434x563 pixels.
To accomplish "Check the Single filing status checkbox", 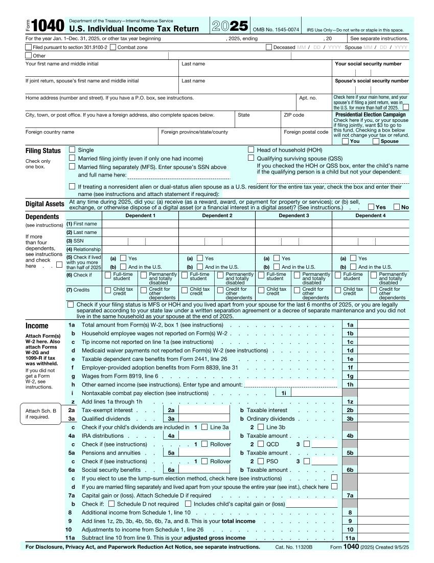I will click(72, 150).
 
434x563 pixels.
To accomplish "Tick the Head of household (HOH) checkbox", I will click(251, 150).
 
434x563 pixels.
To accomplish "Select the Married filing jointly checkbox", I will click(72, 159).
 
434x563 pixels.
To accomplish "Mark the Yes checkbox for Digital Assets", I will click(371, 207).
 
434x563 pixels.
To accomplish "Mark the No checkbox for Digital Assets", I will click(397, 207).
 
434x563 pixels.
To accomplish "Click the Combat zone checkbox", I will click(113, 47).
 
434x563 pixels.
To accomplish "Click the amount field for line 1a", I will click(383, 325).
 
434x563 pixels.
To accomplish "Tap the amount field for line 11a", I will click(383, 538).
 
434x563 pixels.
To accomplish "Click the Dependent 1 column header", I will click(140, 215).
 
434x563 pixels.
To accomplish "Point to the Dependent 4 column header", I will click(370, 215).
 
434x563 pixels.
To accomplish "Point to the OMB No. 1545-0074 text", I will click(276, 30).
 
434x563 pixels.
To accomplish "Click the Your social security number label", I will click(368, 64).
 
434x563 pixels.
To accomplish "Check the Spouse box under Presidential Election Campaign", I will click(376, 141).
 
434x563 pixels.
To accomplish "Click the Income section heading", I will click(37, 326).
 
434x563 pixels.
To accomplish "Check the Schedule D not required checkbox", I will click(112, 504).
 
